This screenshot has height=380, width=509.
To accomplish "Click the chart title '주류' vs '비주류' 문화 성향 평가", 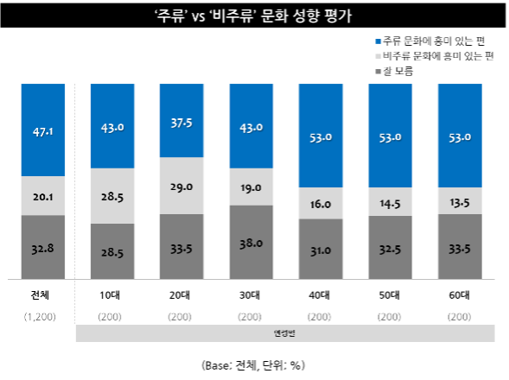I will click(254, 16).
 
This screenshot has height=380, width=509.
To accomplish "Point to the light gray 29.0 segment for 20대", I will click(181, 187).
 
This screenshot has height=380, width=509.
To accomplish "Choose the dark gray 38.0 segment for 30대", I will click(251, 243).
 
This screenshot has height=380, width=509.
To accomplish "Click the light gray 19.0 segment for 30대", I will click(251, 187).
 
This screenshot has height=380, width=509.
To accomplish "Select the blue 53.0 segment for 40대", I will click(321, 136).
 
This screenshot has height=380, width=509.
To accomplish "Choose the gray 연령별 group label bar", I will click(285, 332).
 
